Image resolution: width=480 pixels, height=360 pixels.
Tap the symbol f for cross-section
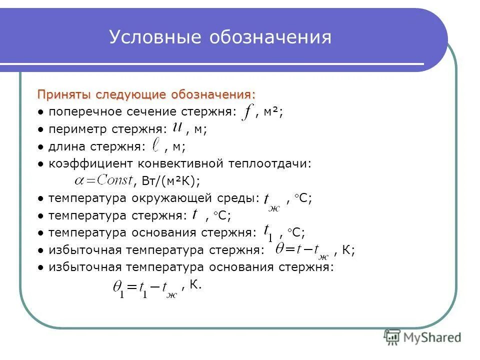tap(246, 112)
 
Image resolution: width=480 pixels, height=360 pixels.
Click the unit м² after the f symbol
tap(272, 112)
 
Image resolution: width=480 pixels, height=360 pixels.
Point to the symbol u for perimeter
tap(177, 127)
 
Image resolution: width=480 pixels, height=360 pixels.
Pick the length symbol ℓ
tap(156, 145)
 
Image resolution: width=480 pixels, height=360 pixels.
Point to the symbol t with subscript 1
tap(268, 232)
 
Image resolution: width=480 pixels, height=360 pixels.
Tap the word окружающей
tap(176, 198)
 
